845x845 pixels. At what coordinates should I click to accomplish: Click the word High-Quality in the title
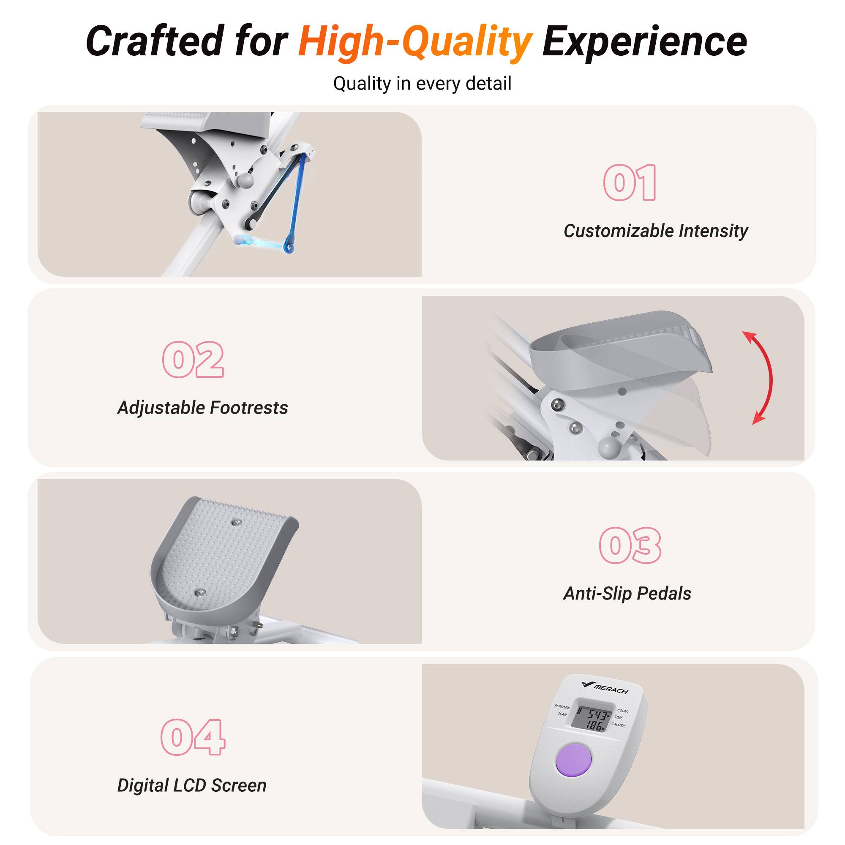click(414, 42)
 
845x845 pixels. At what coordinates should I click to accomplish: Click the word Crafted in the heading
click(154, 41)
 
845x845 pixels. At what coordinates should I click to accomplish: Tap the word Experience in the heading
click(644, 41)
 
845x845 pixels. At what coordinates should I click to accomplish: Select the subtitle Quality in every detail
click(422, 84)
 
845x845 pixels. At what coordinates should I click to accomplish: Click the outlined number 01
click(630, 183)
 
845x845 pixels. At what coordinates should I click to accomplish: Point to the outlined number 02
click(193, 360)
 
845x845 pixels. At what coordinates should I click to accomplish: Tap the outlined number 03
click(630, 545)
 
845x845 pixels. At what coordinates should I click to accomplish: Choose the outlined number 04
click(193, 737)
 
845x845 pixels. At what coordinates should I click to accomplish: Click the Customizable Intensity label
click(656, 231)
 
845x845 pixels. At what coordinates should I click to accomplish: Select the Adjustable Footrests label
click(203, 408)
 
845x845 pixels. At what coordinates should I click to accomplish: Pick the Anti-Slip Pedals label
click(627, 594)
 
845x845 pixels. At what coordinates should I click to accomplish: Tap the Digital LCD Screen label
click(192, 785)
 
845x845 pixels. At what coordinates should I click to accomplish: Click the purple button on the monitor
click(573, 760)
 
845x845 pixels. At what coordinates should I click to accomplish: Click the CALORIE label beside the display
click(619, 725)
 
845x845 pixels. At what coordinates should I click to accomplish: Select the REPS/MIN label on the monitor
click(562, 706)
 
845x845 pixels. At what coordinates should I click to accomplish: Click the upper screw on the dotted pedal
click(237, 521)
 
